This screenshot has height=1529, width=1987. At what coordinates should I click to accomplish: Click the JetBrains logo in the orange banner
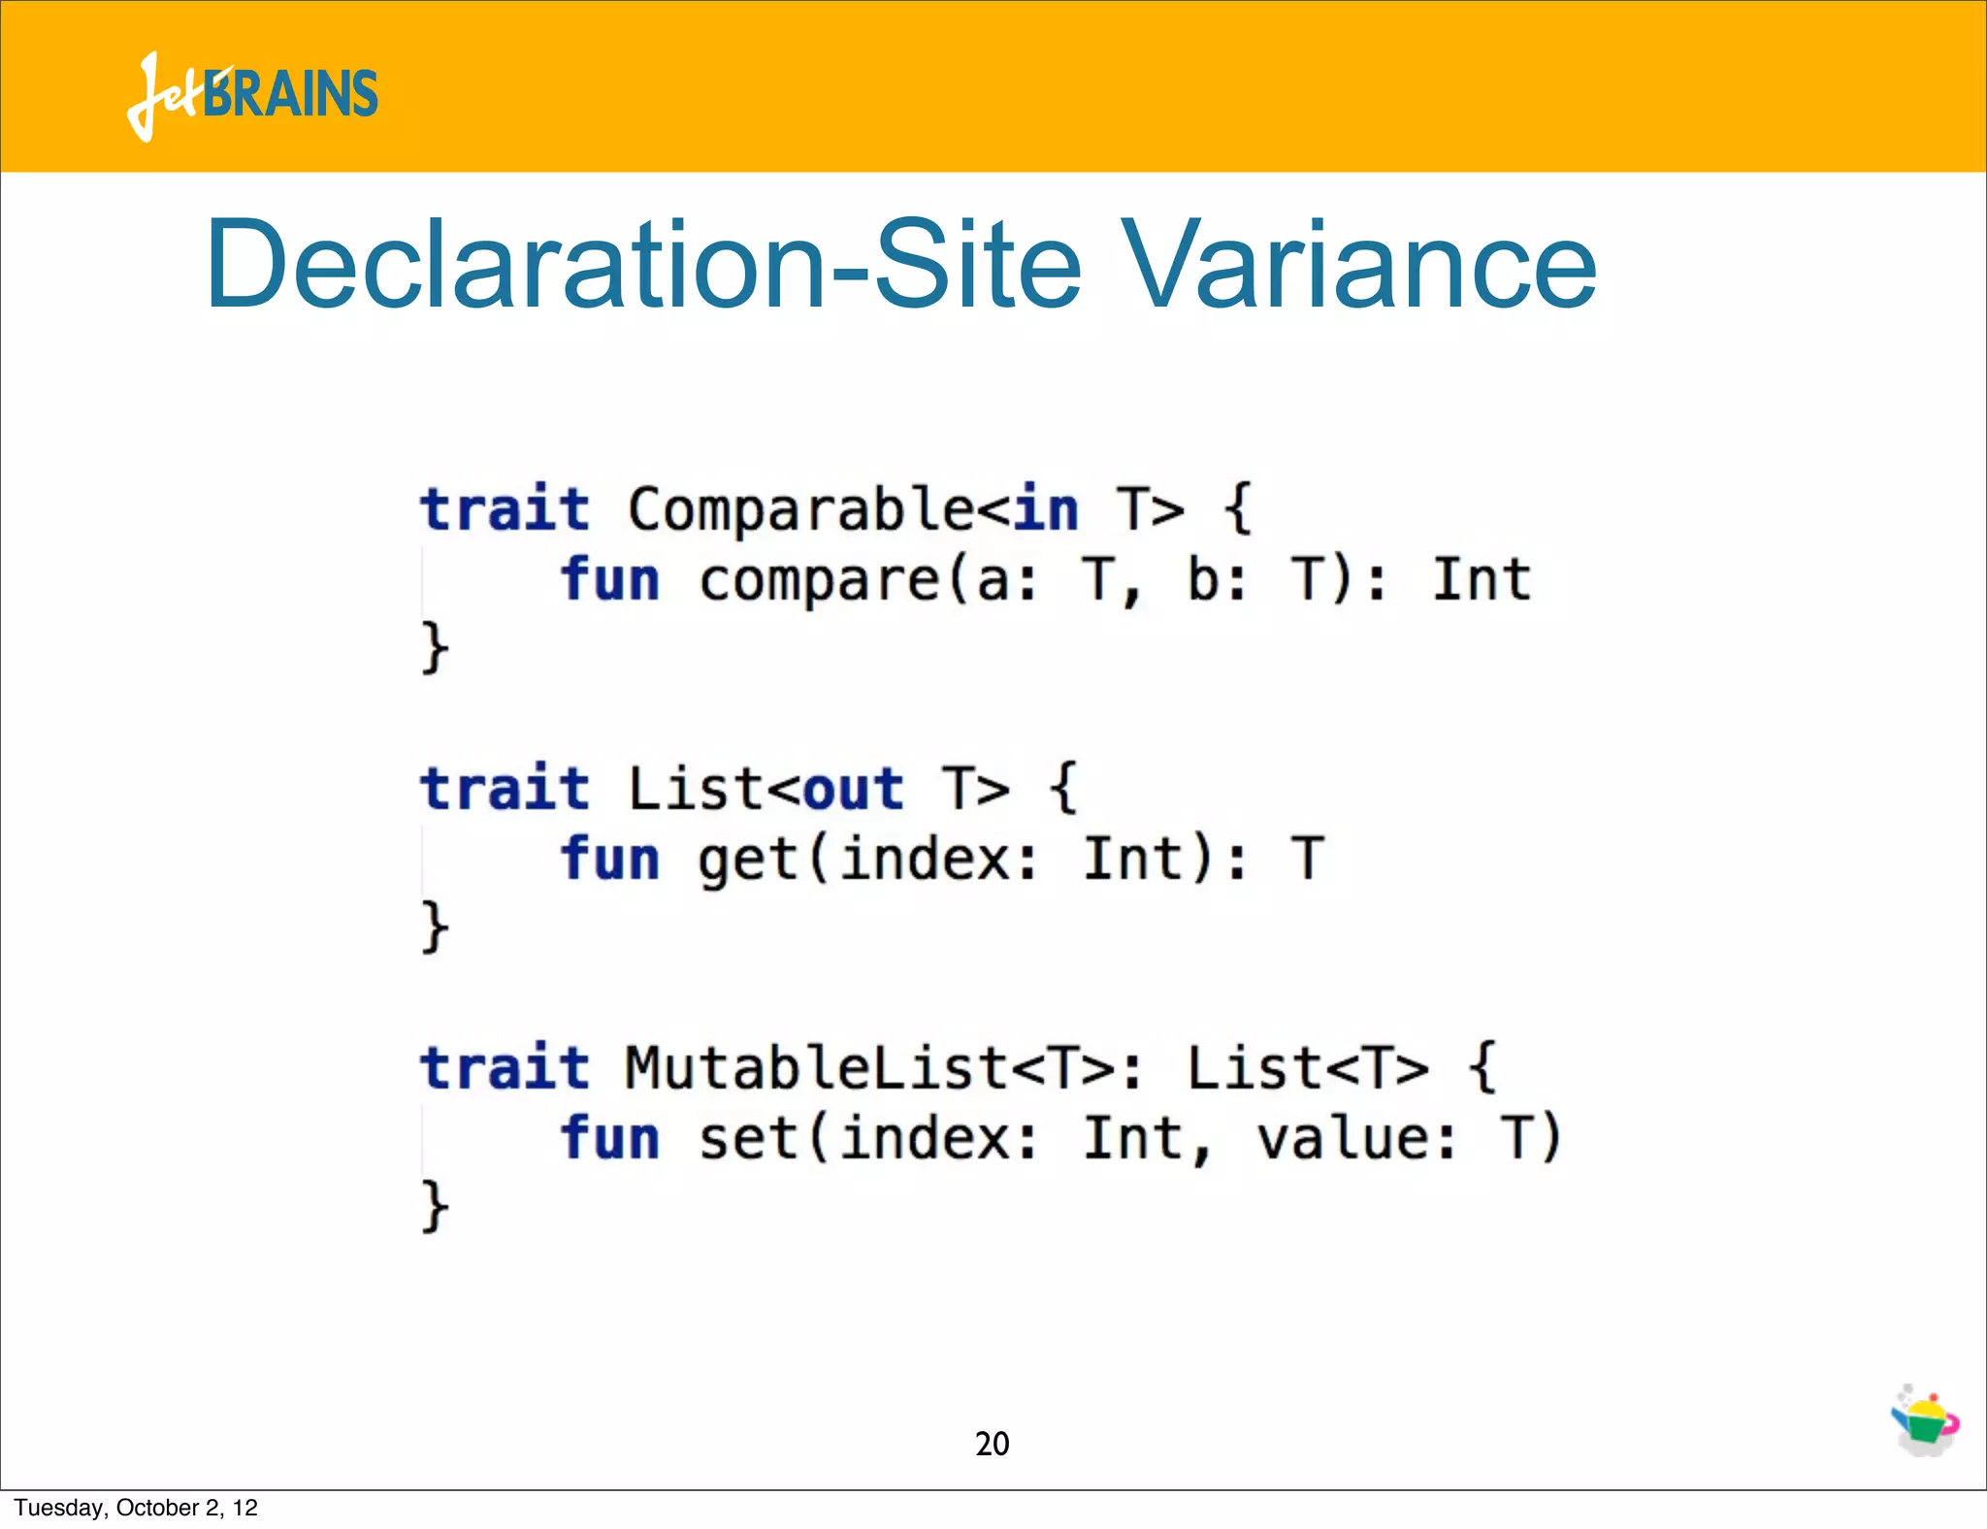tap(252, 95)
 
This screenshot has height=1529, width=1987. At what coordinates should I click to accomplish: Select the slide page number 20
tap(992, 1444)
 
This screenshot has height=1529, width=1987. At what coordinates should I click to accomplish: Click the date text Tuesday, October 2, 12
tap(136, 1508)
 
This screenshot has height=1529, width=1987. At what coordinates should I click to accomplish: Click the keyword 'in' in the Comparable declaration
tap(1046, 509)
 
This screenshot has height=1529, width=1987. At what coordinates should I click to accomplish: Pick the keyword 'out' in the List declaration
tap(853, 788)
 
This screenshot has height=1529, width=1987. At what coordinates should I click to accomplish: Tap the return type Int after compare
tap(1482, 579)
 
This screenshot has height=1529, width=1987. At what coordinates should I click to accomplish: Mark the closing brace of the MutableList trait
tap(434, 1206)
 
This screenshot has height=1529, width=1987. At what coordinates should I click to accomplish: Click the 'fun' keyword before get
tap(610, 859)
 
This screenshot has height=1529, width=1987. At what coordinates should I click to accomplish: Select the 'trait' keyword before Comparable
tap(505, 509)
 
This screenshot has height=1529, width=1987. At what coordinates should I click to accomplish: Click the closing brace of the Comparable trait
tap(434, 647)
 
